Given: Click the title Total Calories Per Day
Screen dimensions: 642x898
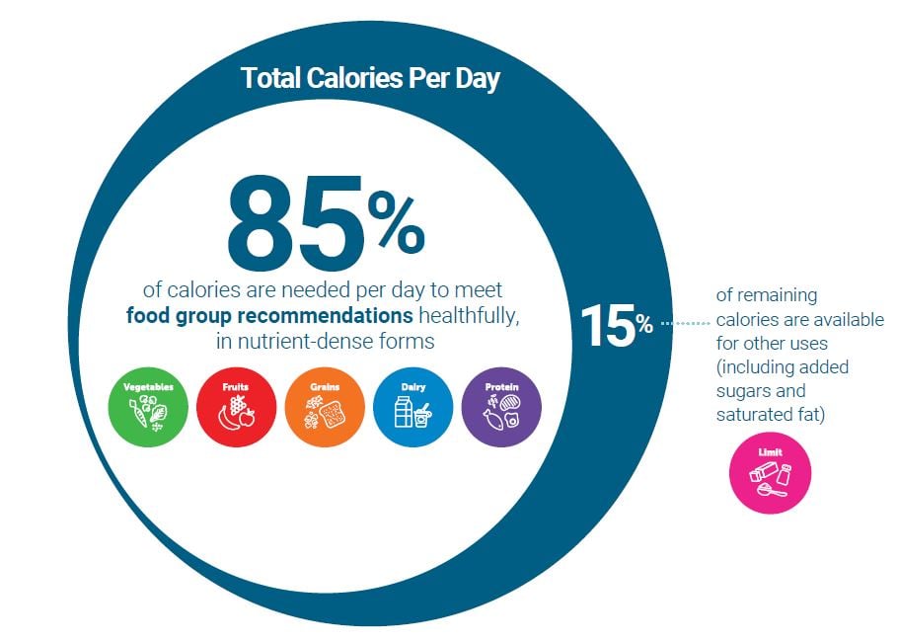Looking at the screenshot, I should coord(370,78).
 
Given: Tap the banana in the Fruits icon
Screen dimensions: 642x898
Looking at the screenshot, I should coord(227,419).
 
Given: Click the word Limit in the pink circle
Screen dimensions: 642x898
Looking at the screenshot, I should coord(770,450).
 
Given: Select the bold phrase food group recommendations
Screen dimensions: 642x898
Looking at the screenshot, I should coord(270,317).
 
